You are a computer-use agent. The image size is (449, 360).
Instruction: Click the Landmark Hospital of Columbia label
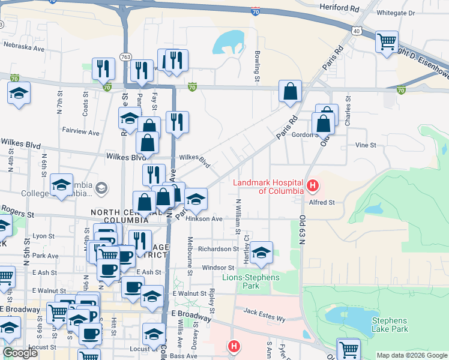(x=269, y=187)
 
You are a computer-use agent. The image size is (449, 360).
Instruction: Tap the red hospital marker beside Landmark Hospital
(x=312, y=186)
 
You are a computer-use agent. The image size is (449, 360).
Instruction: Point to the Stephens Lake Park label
(x=390, y=325)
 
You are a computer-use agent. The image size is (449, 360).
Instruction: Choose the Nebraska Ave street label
(x=24, y=46)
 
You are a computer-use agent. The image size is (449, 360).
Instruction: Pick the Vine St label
(x=365, y=145)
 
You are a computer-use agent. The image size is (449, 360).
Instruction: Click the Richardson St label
(x=219, y=249)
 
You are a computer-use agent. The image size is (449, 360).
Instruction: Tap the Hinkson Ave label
(x=204, y=219)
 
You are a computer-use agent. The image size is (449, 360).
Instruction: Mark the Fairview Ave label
(x=80, y=130)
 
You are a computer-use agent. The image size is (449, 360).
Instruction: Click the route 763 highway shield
(x=125, y=56)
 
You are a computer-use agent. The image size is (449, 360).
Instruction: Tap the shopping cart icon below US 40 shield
(x=387, y=41)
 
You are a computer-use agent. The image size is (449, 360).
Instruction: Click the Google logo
(x=20, y=353)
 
